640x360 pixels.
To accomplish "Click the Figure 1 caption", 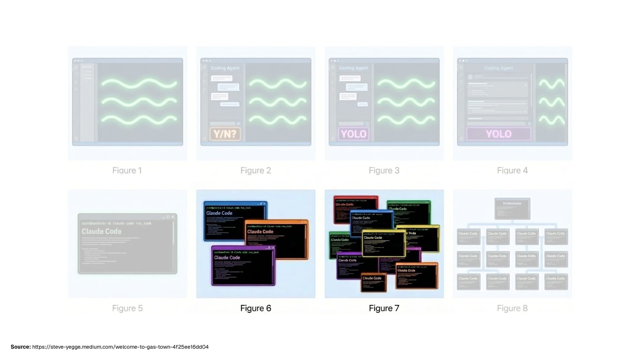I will tap(127, 171).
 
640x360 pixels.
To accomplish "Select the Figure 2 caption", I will tap(256, 171).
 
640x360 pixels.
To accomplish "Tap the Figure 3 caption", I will tap(384, 171).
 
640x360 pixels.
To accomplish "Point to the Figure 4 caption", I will tap(512, 171).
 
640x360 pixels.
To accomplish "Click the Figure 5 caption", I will tap(127, 308).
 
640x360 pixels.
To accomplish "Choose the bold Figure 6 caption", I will tap(256, 308).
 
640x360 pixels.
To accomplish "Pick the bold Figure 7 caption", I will tap(384, 308).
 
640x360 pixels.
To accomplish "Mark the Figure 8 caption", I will tap(512, 308).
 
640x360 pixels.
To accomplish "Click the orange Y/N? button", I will tap(225, 134).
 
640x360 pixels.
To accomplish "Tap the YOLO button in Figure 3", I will tap(353, 134).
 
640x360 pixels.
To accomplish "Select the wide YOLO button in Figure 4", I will tap(498, 134).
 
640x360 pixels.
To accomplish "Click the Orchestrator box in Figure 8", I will tap(512, 208).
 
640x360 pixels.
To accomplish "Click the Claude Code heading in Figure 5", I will tap(101, 231).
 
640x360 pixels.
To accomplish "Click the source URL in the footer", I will tap(120, 347).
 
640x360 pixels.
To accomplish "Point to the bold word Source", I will tap(21, 347).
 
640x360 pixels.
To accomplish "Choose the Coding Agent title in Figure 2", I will tap(225, 68).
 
